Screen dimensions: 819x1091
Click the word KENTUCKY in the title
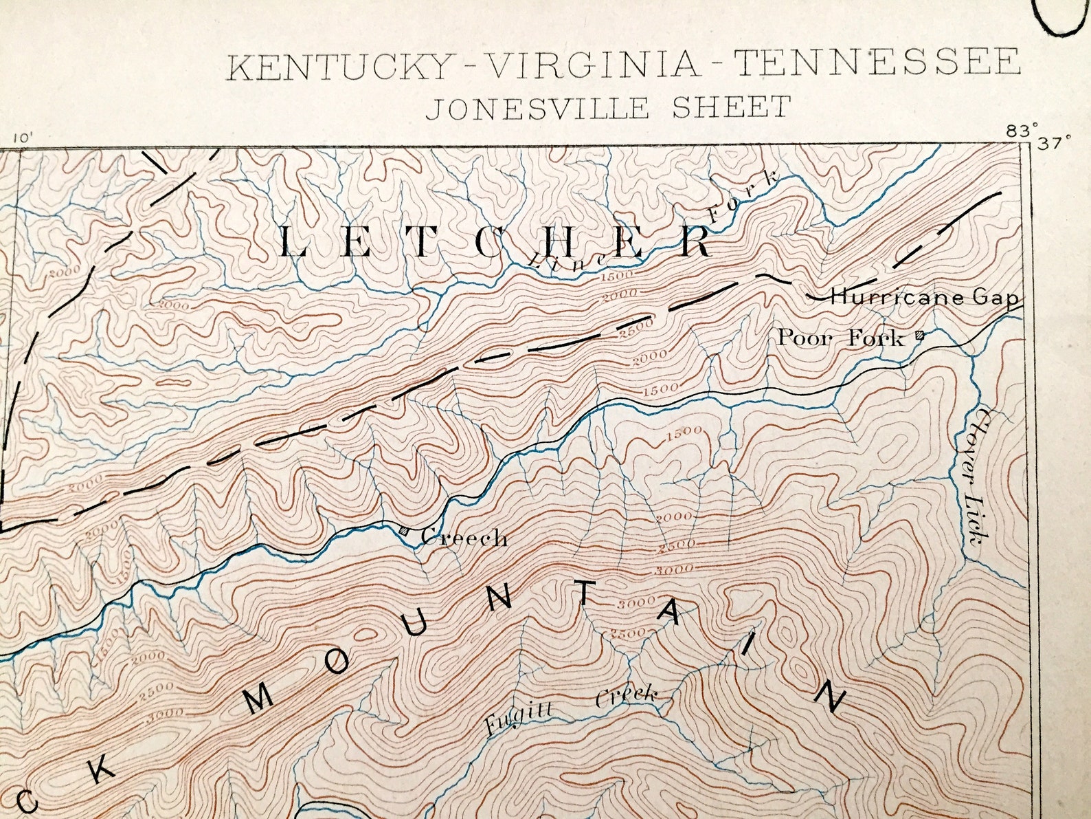(337, 66)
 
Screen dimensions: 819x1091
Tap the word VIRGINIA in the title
(593, 65)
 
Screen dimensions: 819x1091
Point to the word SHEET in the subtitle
(731, 107)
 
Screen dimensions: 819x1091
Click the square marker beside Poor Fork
(919, 336)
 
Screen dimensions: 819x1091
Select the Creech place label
(464, 538)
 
